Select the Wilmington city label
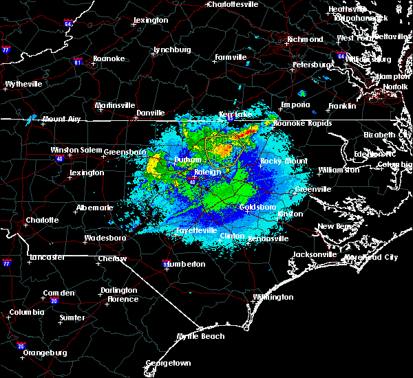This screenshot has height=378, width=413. tap(273, 298)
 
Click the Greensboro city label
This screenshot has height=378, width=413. tap(125, 151)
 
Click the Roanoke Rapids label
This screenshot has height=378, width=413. tap(302, 124)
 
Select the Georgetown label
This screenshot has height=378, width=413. tap(167, 362)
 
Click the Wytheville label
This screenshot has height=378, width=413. tap(23, 84)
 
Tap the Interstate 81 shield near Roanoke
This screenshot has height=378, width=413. tap(78, 62)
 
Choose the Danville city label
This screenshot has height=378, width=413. tap(150, 113)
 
